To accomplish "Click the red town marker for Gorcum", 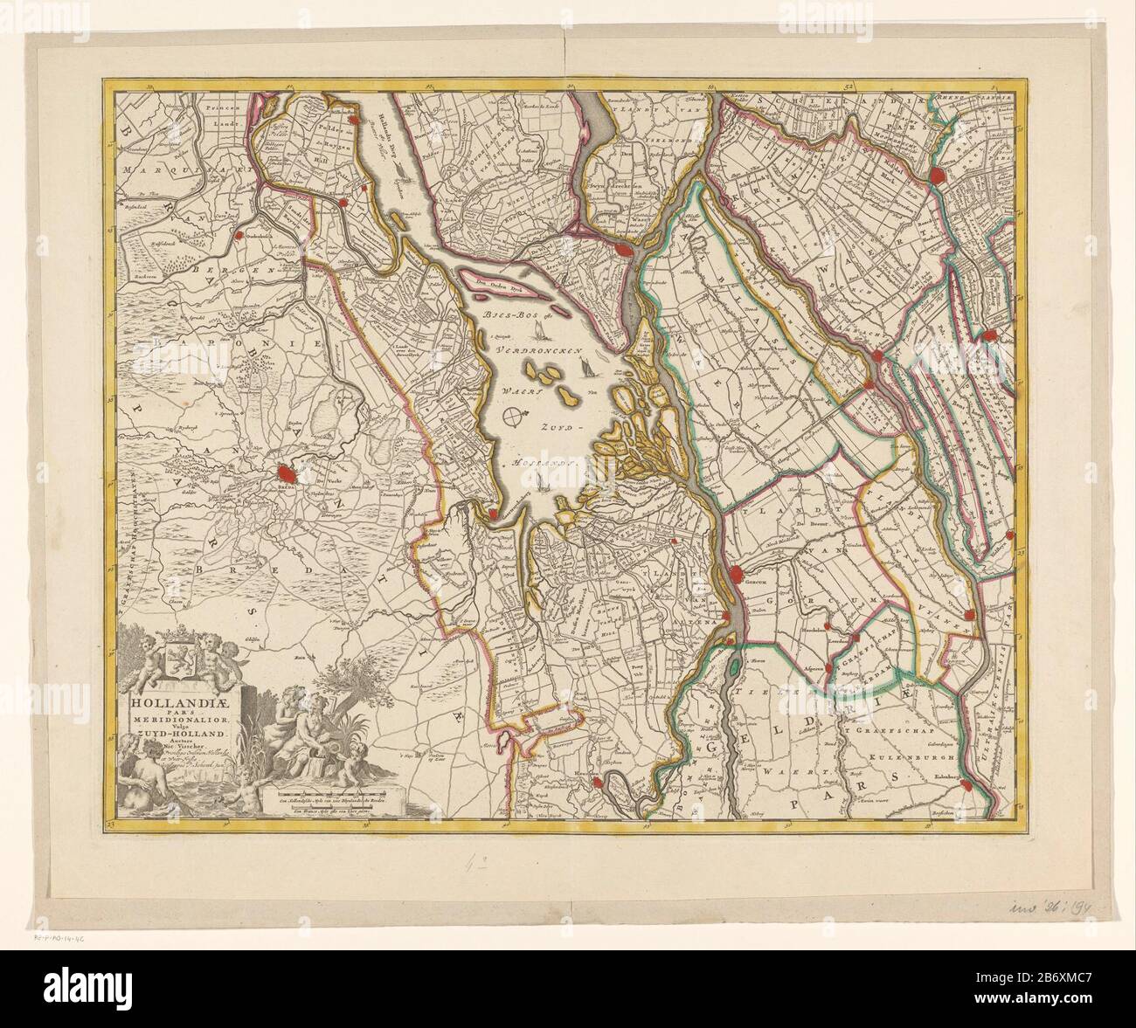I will pyautogui.click(x=736, y=575).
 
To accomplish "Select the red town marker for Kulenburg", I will pyautogui.click(x=966, y=784).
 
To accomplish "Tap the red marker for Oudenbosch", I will pyautogui.click(x=238, y=234).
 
